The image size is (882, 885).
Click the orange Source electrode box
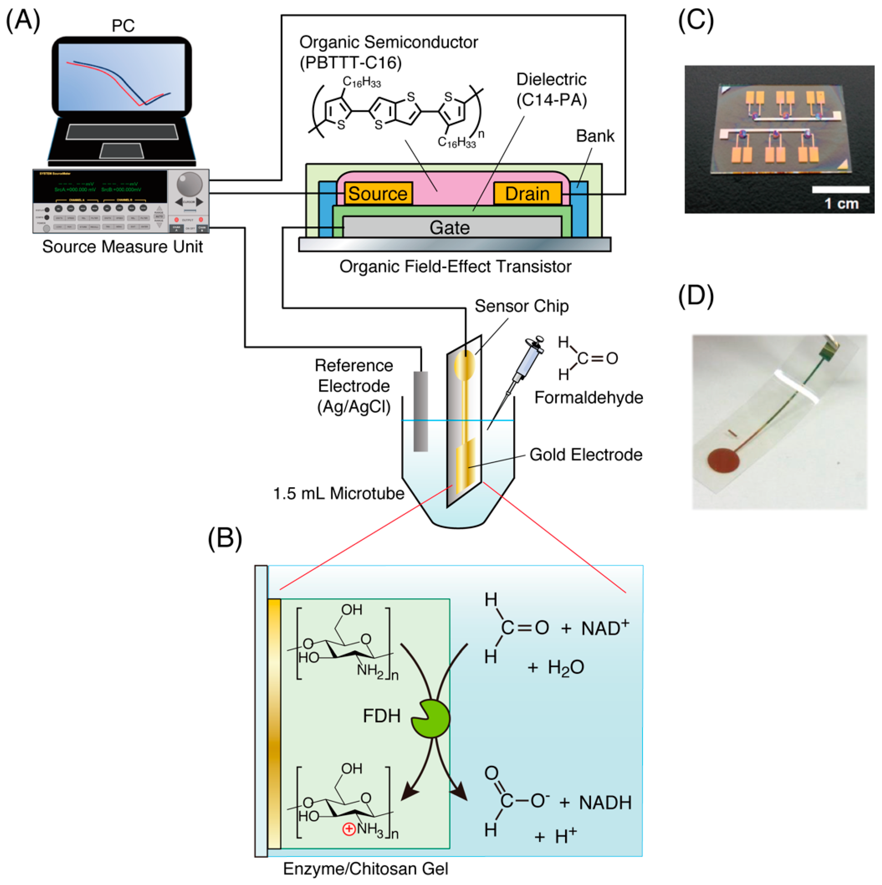(x=378, y=193)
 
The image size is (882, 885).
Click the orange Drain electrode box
(x=527, y=193)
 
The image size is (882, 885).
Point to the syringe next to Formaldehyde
(x=527, y=364)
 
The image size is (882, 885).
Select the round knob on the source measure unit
(x=189, y=184)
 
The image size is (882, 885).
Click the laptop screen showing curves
(x=122, y=77)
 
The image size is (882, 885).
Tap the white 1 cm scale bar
(x=840, y=190)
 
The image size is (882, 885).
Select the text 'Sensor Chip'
(x=521, y=306)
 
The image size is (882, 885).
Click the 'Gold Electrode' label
(x=585, y=455)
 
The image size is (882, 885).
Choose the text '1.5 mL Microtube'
(x=338, y=493)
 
